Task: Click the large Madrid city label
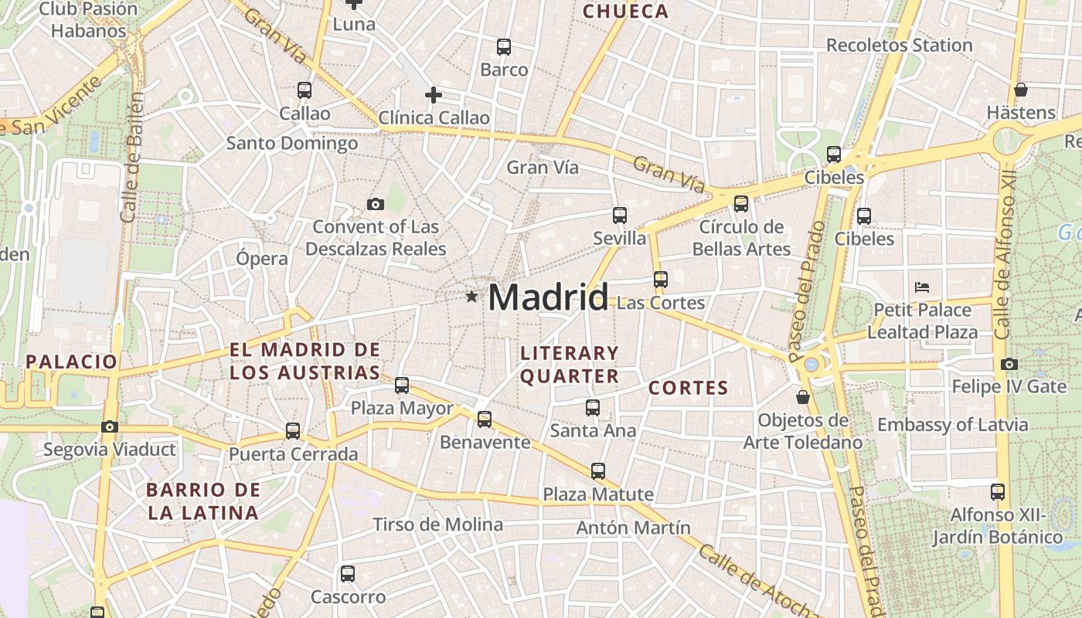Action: coord(548,297)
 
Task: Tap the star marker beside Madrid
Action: coord(471,297)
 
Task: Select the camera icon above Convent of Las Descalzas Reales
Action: coord(376,204)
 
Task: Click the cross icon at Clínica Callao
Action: coord(434,95)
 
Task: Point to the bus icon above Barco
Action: coord(504,47)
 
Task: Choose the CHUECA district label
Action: coord(625,12)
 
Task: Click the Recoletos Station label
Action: coord(899,46)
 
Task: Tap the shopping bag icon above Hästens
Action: coord(1021,90)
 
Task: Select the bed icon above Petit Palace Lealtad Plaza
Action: coord(921,287)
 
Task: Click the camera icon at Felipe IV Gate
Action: coord(1009,364)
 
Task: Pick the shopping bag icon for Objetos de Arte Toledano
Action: coord(803,397)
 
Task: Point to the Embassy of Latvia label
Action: coord(952,425)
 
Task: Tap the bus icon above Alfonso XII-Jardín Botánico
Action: coord(998,491)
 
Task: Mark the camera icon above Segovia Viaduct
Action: coord(110,426)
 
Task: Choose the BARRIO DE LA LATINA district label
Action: coord(203,501)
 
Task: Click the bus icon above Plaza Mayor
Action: coord(402,385)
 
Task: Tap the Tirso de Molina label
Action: coord(437,525)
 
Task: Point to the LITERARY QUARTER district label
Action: coord(570,365)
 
